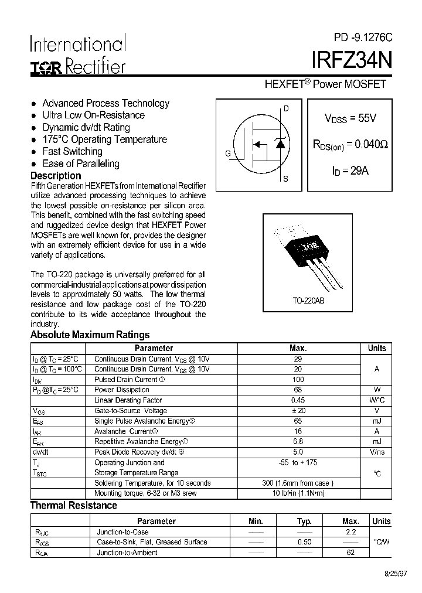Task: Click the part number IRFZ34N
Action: [348, 61]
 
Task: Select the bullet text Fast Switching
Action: [72, 151]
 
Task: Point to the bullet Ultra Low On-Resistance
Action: [93, 115]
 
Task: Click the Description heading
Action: [56, 176]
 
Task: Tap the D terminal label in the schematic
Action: [286, 108]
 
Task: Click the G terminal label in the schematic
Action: [227, 154]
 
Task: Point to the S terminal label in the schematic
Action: [285, 179]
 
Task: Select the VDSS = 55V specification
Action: [350, 118]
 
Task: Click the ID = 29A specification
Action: [350, 171]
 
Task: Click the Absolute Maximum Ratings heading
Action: [90, 335]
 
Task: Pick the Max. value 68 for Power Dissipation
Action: [298, 390]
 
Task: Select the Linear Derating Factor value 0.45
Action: [298, 400]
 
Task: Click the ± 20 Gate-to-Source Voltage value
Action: [298, 411]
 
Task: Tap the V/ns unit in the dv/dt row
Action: [376, 452]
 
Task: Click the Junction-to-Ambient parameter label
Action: [127, 553]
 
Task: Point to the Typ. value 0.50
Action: [304, 542]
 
